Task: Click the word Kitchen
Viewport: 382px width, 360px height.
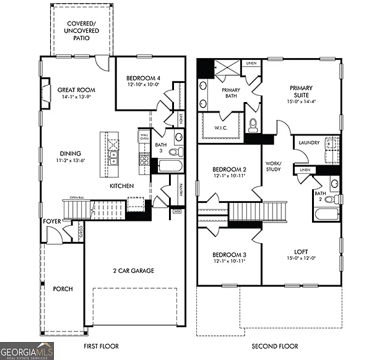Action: pyautogui.click(x=123, y=186)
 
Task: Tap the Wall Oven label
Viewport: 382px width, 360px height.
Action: pyautogui.click(x=144, y=137)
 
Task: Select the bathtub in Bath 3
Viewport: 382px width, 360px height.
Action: pyautogui.click(x=170, y=166)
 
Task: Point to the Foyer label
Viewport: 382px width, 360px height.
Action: pyautogui.click(x=51, y=221)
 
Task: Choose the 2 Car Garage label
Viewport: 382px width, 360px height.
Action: pyautogui.click(x=133, y=270)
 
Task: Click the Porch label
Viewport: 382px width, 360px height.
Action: pyautogui.click(x=63, y=289)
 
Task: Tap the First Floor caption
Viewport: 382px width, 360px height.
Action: pyautogui.click(x=101, y=346)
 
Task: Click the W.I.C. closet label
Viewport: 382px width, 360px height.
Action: pyautogui.click(x=221, y=128)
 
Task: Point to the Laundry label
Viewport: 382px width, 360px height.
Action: pyautogui.click(x=309, y=143)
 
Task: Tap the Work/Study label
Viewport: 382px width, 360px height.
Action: pyautogui.click(x=273, y=166)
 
